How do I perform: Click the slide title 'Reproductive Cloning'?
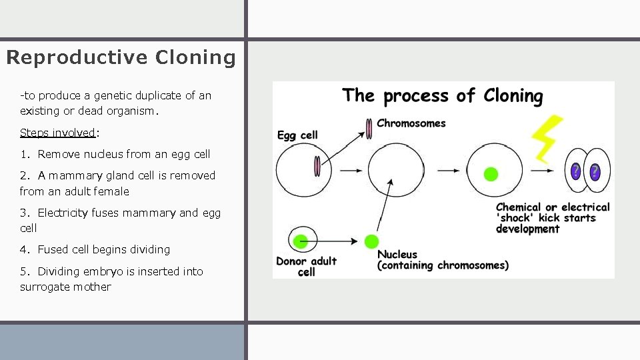tap(121, 57)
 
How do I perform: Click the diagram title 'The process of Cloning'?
tap(443, 96)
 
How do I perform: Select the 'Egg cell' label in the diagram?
tap(297, 135)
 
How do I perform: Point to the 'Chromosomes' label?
tap(411, 123)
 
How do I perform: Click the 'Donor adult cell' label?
tap(306, 266)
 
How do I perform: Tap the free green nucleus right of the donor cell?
tap(372, 241)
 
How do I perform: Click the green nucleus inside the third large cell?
tap(490, 175)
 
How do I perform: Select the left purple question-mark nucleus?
tap(576, 171)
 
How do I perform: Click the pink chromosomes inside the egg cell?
tap(317, 166)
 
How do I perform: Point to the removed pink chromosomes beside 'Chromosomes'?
tap(368, 129)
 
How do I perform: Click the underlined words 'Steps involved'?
tap(57, 133)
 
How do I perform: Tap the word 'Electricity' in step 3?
tap(71, 213)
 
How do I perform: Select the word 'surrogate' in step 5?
tap(42, 287)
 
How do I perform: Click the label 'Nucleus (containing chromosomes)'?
tap(442, 260)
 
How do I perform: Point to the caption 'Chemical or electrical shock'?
tap(552, 218)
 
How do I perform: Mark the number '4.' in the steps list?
tap(26, 249)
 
